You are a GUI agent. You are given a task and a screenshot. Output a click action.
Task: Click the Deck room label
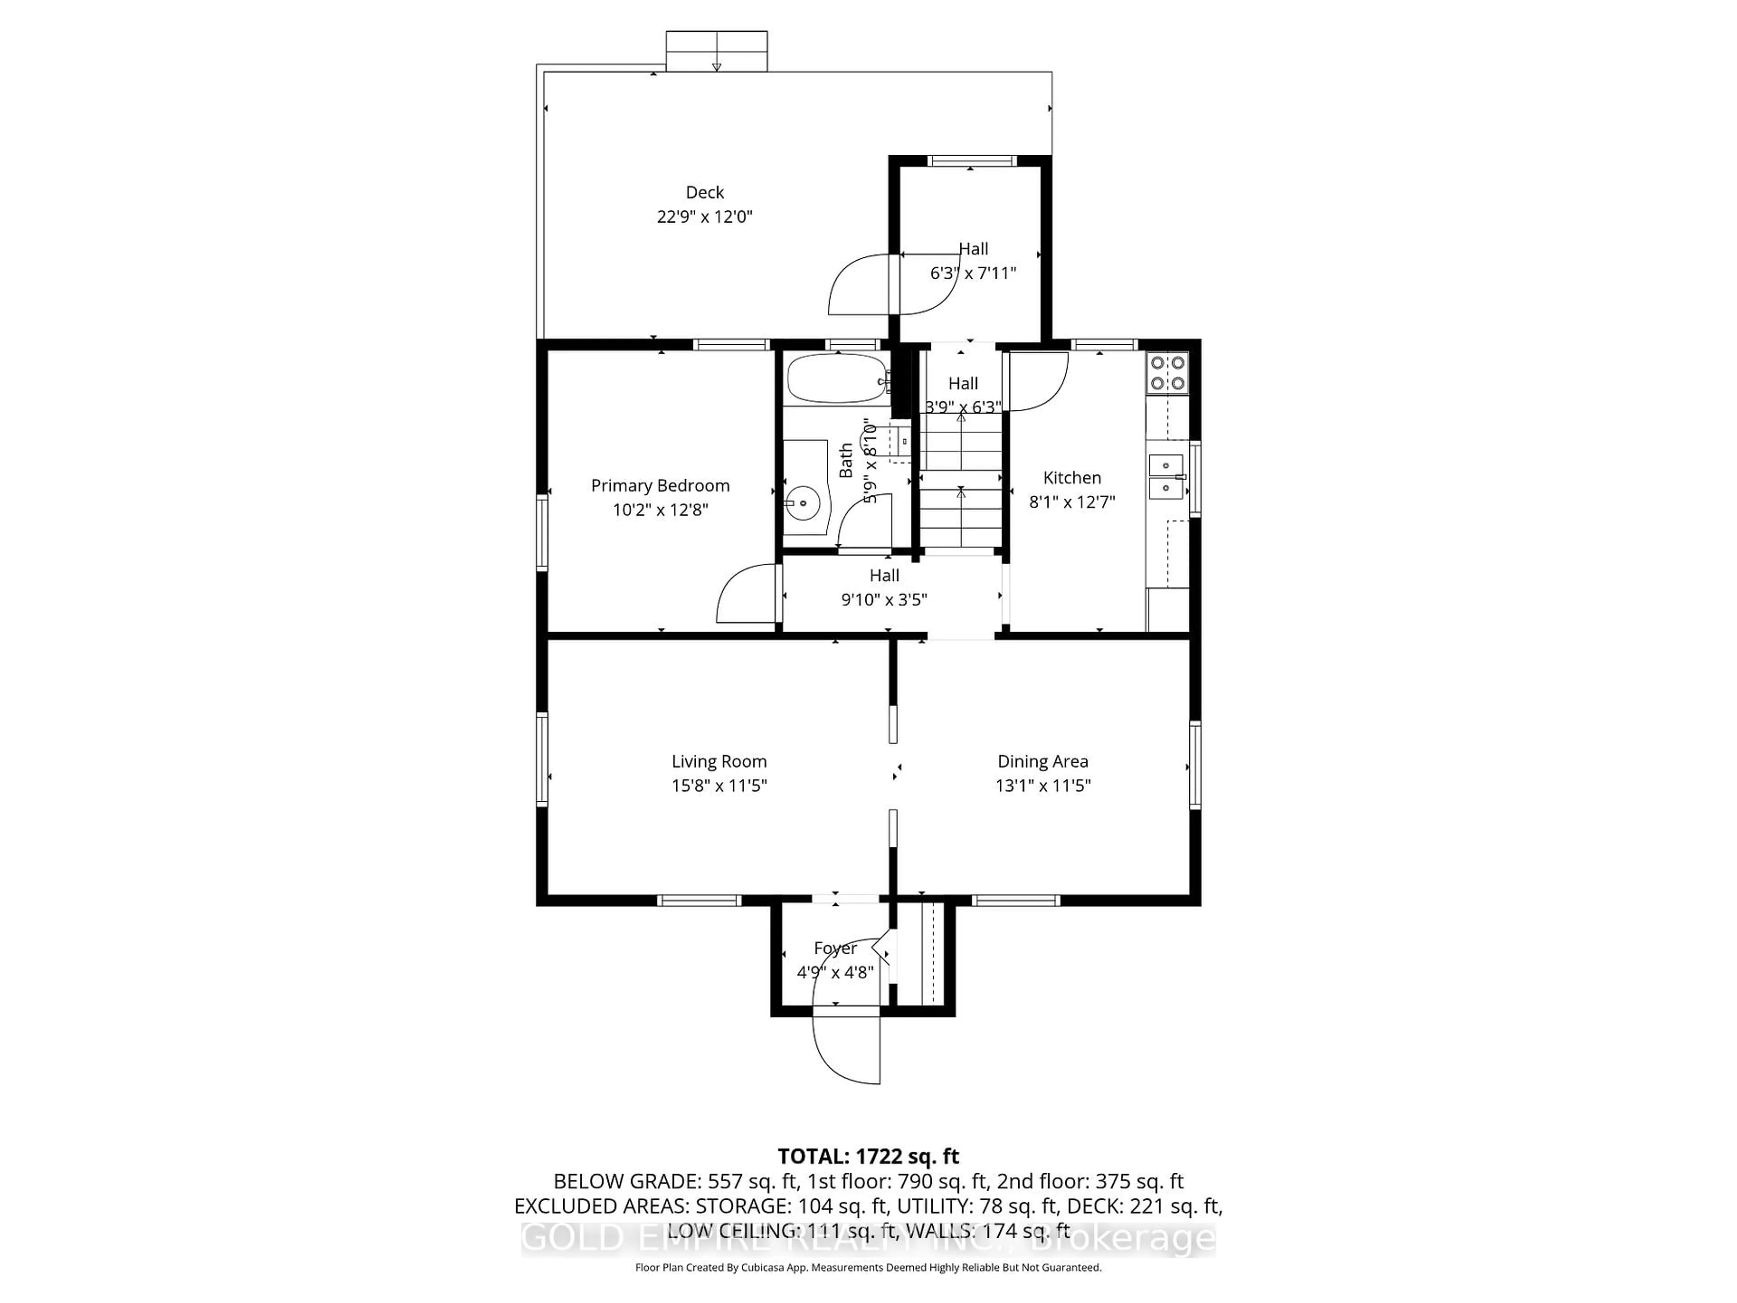[x=704, y=192]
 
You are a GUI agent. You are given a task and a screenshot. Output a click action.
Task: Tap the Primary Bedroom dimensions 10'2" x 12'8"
[x=660, y=510]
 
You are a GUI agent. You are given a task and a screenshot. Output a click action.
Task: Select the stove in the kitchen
[x=1167, y=373]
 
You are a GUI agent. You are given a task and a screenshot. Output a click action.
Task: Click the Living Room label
[x=718, y=761]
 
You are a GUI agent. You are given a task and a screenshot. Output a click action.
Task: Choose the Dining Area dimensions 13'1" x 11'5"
[x=1043, y=785]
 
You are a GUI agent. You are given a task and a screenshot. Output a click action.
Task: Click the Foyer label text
[x=835, y=948]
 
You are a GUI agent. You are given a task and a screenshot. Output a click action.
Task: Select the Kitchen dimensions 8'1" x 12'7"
[x=1072, y=502]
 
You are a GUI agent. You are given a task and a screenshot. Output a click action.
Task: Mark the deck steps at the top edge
[x=716, y=51]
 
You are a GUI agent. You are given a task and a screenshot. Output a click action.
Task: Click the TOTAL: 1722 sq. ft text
[x=868, y=1156]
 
